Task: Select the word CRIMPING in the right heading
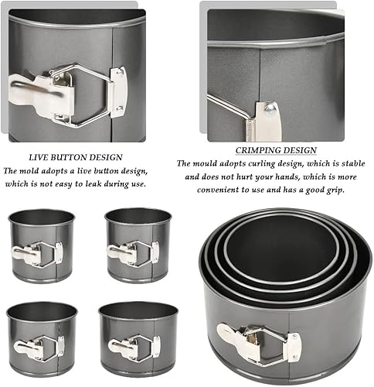point(254,150)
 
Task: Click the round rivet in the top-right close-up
point(269,107)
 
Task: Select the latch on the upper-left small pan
point(37,254)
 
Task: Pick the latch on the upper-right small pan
point(133,253)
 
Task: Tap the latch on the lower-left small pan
point(39,348)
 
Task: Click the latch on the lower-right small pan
point(134,348)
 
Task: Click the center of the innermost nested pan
point(280,254)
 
